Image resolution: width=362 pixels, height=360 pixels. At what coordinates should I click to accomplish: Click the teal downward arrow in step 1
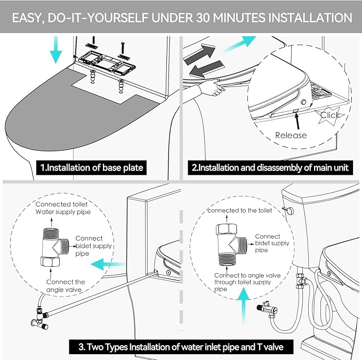(x=55, y=50)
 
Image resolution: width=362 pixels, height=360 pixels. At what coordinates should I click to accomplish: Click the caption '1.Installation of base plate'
(x=92, y=168)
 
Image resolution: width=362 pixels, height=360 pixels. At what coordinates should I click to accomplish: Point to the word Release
(x=291, y=135)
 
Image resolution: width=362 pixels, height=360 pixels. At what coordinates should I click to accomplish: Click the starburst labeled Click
(x=330, y=115)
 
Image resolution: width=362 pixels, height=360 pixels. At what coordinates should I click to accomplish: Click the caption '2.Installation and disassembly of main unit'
(x=270, y=168)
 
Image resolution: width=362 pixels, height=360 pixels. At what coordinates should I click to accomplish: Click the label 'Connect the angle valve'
(x=65, y=285)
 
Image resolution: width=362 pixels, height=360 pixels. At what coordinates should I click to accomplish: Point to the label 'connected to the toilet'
(x=239, y=210)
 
